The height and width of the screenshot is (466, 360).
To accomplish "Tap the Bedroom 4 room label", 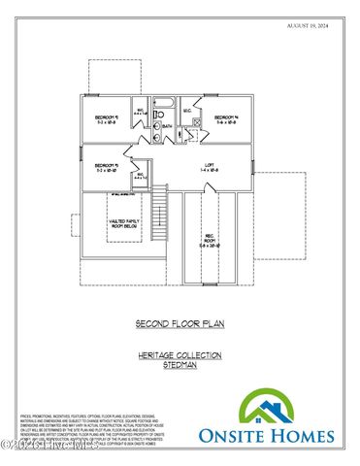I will click(226, 119).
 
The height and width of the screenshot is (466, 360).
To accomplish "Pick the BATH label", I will click(166, 126).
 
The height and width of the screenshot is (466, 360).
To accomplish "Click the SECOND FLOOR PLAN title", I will click(180, 322).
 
